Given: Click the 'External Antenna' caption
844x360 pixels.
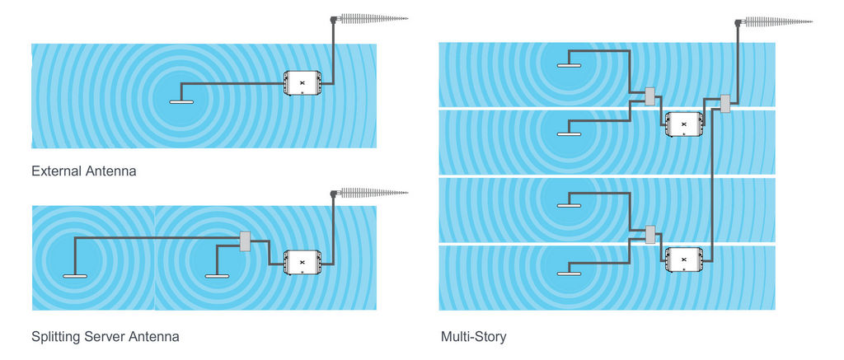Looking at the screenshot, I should tap(83, 172).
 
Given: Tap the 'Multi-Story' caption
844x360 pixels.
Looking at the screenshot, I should tap(473, 337).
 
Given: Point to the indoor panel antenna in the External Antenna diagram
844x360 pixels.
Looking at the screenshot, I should tap(181, 102).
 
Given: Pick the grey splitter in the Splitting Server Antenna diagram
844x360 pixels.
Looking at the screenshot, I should tap(245, 241).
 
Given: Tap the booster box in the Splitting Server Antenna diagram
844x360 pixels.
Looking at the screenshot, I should tap(302, 262).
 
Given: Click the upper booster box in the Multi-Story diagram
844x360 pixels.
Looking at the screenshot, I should tap(683, 124).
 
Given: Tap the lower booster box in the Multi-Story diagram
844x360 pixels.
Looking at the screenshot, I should tap(683, 259).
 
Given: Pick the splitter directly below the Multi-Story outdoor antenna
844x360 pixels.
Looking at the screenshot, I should tap(726, 105).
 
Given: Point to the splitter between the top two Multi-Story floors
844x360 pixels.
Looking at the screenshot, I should tap(650, 97).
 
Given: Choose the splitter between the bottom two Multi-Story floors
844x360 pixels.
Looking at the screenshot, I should tap(650, 235).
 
